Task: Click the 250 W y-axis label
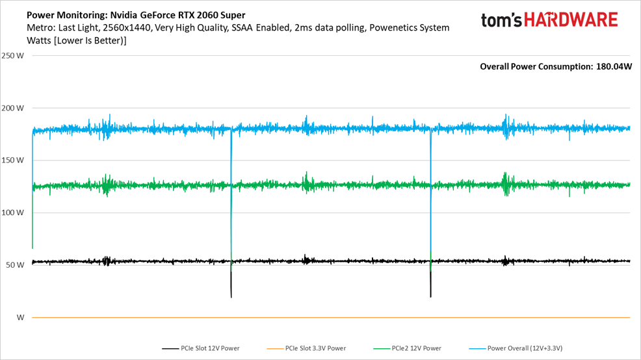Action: [13, 55]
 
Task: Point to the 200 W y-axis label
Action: [13, 108]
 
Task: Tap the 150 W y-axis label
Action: [13, 160]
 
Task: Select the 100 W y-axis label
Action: [13, 212]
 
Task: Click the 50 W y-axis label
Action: [14, 265]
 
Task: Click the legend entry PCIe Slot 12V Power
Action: [209, 348]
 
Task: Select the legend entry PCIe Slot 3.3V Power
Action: [315, 348]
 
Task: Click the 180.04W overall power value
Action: [614, 66]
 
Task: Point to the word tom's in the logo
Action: [502, 20]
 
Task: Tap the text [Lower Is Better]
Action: [91, 40]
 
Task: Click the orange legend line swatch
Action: [274, 349]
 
